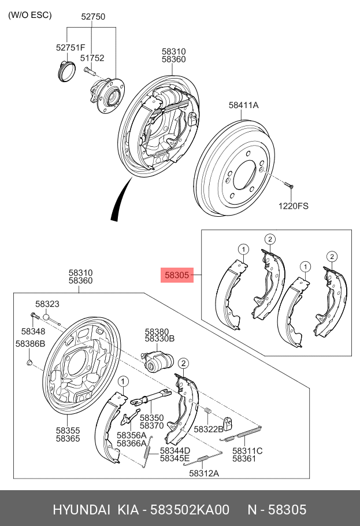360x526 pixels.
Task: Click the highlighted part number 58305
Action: [177, 276]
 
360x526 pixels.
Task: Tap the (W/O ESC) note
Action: [29, 15]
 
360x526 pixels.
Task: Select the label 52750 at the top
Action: [92, 17]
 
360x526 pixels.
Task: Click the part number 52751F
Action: [70, 47]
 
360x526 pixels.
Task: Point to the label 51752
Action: [92, 58]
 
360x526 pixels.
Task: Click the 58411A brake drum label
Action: [243, 105]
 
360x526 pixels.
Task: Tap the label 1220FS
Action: [294, 205]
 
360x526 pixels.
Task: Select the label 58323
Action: [47, 303]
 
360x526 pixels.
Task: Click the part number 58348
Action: [33, 331]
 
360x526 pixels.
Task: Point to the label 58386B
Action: [30, 344]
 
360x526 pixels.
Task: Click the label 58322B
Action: [208, 429]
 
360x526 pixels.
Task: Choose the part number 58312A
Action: [204, 473]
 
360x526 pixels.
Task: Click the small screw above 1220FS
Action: [289, 185]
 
